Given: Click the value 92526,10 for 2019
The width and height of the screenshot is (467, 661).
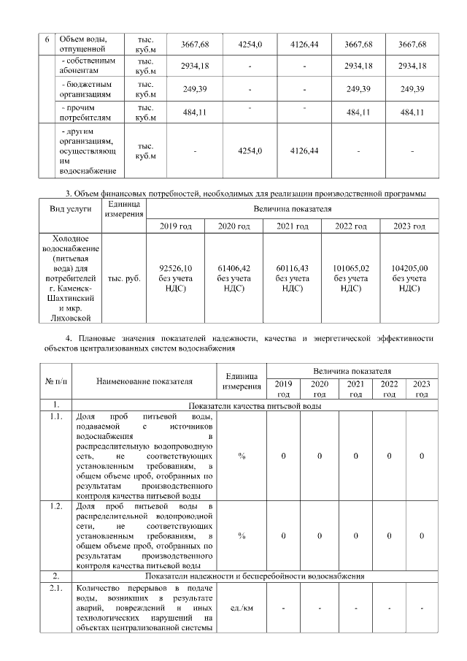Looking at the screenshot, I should (175, 268).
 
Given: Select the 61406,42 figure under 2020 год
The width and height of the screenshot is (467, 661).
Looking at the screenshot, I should (233, 268).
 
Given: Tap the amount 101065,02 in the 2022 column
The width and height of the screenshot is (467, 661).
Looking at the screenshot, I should (350, 268).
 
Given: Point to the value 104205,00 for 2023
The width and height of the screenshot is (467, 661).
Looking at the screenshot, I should (409, 268).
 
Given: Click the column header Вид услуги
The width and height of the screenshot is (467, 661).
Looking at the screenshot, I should (70, 208).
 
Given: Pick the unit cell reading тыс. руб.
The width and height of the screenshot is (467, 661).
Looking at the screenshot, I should (123, 278).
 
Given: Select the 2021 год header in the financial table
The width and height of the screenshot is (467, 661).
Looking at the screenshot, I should (292, 226).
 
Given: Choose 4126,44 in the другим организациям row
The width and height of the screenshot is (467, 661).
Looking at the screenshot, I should (304, 150).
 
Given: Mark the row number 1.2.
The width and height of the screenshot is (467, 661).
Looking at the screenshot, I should (53, 506).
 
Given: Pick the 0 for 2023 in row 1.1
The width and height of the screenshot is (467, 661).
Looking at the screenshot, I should (422, 456).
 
